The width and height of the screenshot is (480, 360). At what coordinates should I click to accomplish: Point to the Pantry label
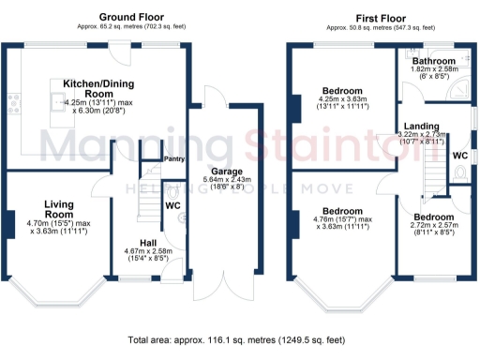tap(174, 159)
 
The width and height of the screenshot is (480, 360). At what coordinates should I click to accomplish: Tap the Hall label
tap(145, 241)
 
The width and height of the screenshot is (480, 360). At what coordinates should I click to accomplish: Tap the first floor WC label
tap(460, 155)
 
